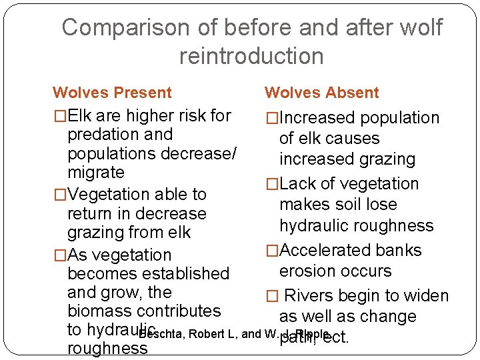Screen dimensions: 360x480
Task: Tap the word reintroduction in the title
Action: coord(251,56)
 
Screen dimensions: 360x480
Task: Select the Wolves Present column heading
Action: coord(112,93)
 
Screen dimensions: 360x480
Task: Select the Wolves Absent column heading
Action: coord(321,93)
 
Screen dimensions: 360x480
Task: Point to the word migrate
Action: coord(95,172)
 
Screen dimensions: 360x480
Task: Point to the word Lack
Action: coord(300,183)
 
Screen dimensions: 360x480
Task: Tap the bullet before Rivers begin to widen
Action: coord(271,296)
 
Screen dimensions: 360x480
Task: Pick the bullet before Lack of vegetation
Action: coord(271,184)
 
